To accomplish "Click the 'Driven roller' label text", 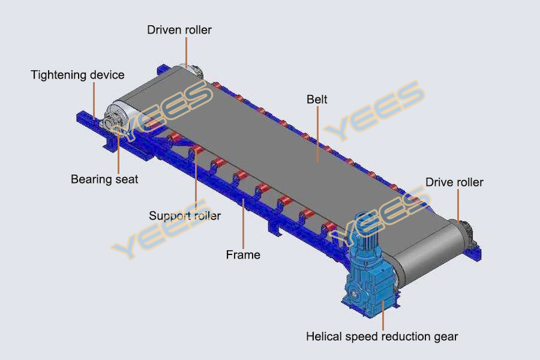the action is pyautogui.click(x=179, y=30).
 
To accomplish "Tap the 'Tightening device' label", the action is pyautogui.click(x=77, y=75).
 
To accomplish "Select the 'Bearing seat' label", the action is pyautogui.click(x=104, y=179).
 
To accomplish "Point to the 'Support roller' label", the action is pyautogui.click(x=185, y=215).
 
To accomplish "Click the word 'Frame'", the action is pyautogui.click(x=243, y=255).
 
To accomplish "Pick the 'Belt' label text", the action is pyautogui.click(x=317, y=100).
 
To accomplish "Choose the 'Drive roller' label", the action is pyautogui.click(x=454, y=182).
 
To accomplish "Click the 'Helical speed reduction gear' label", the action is pyautogui.click(x=382, y=337).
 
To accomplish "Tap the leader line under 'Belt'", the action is pyautogui.click(x=317, y=134).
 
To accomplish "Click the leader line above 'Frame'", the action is pyautogui.click(x=243, y=224).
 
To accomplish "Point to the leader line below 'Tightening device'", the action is pyautogui.click(x=94, y=101).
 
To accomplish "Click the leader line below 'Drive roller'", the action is pyautogui.click(x=458, y=206).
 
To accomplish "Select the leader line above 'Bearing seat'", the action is pyautogui.click(x=118, y=151).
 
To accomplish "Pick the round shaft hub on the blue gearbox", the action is pyautogui.click(x=353, y=294).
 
